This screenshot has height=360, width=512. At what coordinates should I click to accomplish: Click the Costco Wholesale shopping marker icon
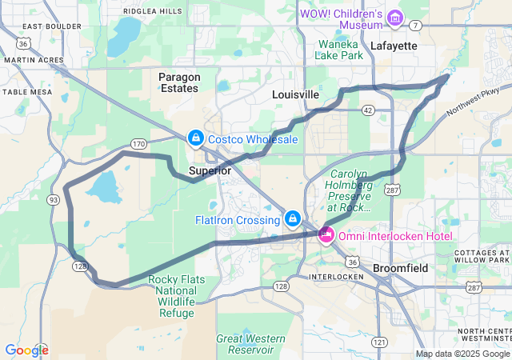pos(195,138)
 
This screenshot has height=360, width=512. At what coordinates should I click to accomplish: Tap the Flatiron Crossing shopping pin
pos(293,218)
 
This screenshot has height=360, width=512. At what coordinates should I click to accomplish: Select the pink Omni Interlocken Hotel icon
pos(326,235)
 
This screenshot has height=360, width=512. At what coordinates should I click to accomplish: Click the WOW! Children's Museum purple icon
pos(394,17)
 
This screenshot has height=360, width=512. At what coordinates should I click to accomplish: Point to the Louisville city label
pos(295,94)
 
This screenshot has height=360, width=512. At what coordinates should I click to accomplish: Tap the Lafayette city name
pos(394,46)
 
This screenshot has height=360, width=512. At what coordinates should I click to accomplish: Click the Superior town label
pos(210,171)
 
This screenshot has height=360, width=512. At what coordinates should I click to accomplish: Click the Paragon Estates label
pos(178,82)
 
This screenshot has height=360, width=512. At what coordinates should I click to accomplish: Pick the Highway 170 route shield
pos(139,144)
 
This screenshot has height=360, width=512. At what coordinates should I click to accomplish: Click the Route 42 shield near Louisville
pos(367,109)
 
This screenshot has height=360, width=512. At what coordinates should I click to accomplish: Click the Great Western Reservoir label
pos(250,344)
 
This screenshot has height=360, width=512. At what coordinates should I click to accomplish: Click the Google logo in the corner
pos(26,350)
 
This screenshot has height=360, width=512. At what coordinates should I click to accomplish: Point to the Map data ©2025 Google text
pos(462,354)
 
